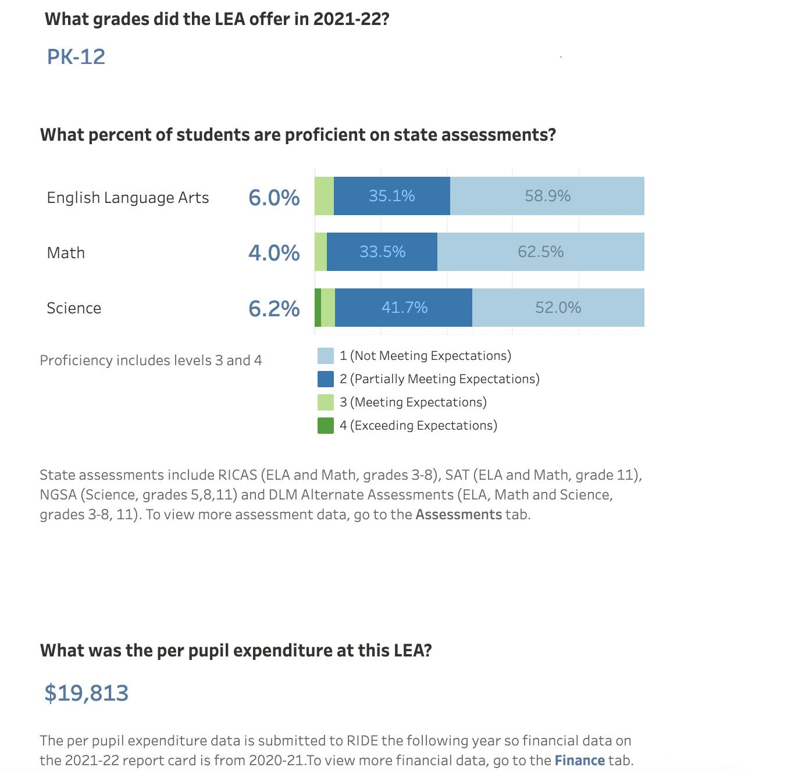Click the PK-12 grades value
pyautogui.click(x=76, y=56)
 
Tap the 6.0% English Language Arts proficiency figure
pyautogui.click(x=274, y=197)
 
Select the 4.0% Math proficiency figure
pyautogui.click(x=274, y=252)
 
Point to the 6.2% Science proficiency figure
pyautogui.click(x=274, y=308)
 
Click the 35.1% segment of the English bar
pyautogui.click(x=391, y=196)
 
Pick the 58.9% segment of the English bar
pyautogui.click(x=547, y=196)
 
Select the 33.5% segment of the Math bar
pyautogui.click(x=382, y=252)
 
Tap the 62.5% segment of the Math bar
pyautogui.click(x=540, y=252)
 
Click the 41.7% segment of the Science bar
pyautogui.click(x=404, y=308)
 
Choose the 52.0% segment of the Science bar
pyautogui.click(x=558, y=308)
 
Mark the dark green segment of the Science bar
pyautogui.click(x=318, y=308)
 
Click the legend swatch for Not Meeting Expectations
pyautogui.click(x=326, y=356)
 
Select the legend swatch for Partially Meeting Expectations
pyautogui.click(x=326, y=379)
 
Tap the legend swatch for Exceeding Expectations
pyautogui.click(x=326, y=426)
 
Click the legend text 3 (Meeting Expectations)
pyautogui.click(x=413, y=402)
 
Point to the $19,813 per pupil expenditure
pyautogui.click(x=87, y=693)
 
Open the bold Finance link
pyautogui.click(x=579, y=760)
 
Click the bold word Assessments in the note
pyautogui.click(x=458, y=515)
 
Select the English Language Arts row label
pyautogui.click(x=128, y=198)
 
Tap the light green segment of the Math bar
pyautogui.click(x=320, y=252)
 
